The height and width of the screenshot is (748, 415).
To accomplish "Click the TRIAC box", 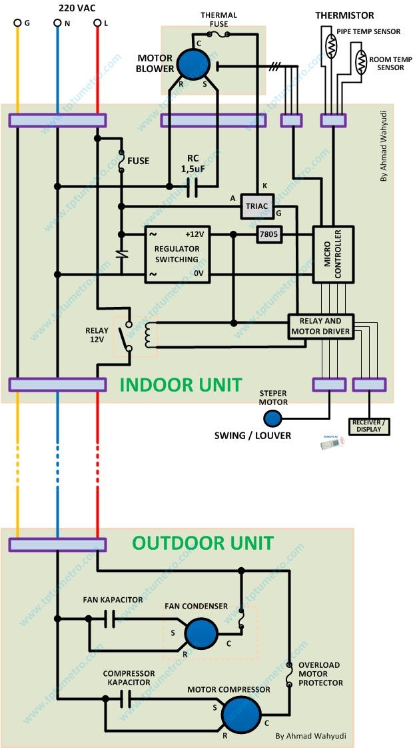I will click(256, 206).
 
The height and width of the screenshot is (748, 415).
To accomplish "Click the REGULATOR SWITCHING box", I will click(177, 254).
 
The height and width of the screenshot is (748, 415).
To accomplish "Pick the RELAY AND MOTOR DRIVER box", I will click(320, 326).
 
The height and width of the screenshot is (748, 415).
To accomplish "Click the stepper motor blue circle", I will click(272, 418).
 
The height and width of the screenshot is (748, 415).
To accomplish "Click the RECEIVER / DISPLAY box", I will click(368, 425).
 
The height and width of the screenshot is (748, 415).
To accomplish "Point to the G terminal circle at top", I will click(17, 23).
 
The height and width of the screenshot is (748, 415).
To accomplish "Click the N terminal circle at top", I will click(57, 23).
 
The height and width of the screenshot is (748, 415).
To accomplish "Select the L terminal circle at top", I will click(97, 23).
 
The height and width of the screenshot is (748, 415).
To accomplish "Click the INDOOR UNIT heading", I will click(181, 385).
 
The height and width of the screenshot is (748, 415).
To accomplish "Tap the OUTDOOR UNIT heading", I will click(203, 542).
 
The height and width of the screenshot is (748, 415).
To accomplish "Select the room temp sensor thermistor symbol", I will click(360, 63).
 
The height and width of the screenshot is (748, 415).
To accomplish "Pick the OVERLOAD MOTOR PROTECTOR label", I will click(320, 674).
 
